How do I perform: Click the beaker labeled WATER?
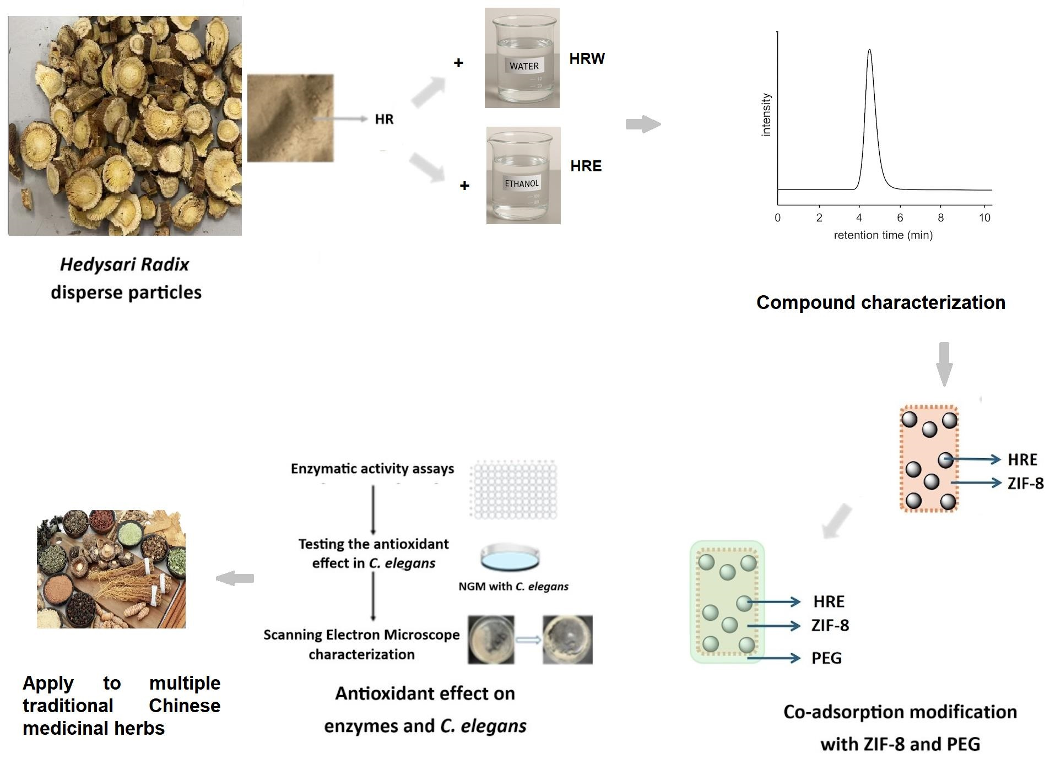[x=522, y=58]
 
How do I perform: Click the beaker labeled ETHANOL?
[x=523, y=175]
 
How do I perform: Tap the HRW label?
[x=587, y=58]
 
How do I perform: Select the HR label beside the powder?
[x=384, y=119]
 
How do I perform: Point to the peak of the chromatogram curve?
[x=869, y=50]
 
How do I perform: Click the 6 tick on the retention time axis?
[x=900, y=218]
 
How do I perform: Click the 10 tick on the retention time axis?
[x=984, y=218]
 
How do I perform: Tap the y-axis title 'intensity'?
[x=766, y=115]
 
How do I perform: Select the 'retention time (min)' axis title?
[x=883, y=235]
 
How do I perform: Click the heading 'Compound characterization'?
[x=881, y=302]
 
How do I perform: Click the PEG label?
[x=826, y=658]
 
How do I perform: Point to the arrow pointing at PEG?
[x=773, y=658]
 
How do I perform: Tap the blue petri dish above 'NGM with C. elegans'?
[x=510, y=557]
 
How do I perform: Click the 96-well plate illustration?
[x=513, y=490]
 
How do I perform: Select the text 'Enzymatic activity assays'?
[x=372, y=469]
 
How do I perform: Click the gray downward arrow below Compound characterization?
[x=944, y=364]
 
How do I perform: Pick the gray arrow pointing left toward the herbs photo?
[x=235, y=578]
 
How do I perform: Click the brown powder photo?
[x=290, y=118]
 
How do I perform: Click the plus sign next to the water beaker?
[x=458, y=63]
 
